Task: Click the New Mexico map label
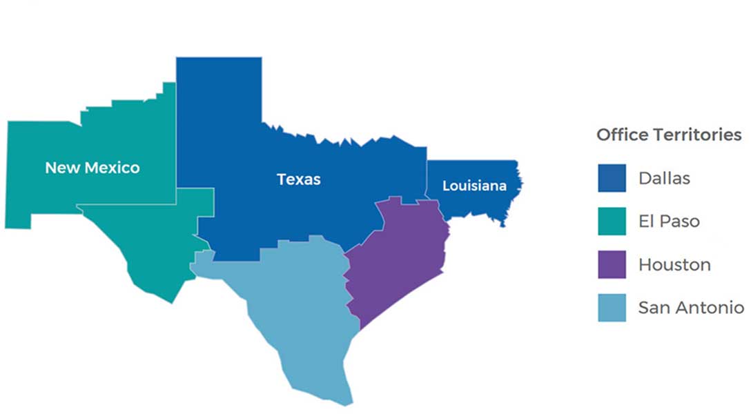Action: pos(92,168)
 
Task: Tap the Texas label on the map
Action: pos(298,179)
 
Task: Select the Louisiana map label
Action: pos(474,186)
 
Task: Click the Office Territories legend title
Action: pos(669,135)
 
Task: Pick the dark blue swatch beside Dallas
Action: pos(612,178)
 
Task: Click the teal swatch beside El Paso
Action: pos(612,221)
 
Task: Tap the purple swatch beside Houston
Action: pos(612,264)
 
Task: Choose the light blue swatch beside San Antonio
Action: pos(612,308)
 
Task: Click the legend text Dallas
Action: pos(663,178)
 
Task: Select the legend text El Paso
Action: pos(668,221)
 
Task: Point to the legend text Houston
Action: pos(674,264)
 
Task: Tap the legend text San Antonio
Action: pos(690,308)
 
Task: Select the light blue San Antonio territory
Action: pos(297,310)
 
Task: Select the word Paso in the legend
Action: pos(679,221)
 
